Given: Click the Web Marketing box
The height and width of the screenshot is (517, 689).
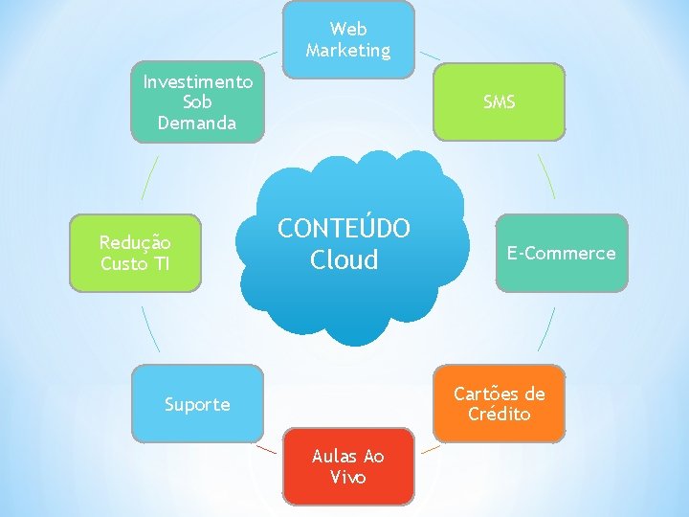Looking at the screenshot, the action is click(348, 39).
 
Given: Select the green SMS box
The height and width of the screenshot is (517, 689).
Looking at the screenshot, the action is click(499, 101).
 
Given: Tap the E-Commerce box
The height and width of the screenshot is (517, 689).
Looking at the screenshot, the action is click(561, 253).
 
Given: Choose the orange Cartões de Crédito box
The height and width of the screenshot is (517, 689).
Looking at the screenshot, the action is click(499, 404).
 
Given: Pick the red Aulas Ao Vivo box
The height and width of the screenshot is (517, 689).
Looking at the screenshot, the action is click(348, 466).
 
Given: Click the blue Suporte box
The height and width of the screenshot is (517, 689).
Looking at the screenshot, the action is click(197, 404).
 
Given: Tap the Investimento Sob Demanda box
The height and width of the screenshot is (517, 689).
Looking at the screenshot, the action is click(197, 101).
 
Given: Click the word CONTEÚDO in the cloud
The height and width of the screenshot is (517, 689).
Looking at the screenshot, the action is click(344, 229).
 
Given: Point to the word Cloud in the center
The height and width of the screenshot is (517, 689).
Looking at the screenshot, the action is click(344, 259).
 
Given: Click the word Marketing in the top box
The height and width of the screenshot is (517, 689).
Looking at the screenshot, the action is click(348, 50).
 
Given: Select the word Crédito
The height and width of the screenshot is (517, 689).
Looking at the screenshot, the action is click(499, 415).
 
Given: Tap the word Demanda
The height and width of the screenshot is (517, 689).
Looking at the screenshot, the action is click(197, 123).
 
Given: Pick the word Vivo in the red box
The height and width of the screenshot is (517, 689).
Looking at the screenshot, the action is click(348, 477).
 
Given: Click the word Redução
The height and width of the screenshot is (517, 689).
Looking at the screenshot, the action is click(135, 242).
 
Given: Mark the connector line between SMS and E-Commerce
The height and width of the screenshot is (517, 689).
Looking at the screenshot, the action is click(545, 177).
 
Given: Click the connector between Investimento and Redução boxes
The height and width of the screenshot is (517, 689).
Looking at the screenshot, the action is click(149, 177).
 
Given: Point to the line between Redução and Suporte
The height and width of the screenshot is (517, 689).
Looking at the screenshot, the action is click(150, 328).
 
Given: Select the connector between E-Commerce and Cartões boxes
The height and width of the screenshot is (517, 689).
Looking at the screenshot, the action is click(545, 328).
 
